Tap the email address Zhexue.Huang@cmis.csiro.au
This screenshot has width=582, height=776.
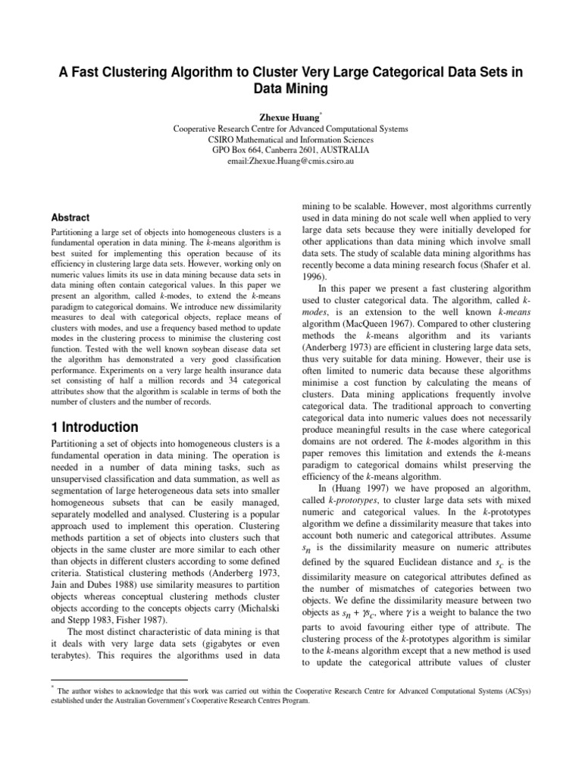[x=291, y=161]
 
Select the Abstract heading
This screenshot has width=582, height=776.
[x=71, y=217]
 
